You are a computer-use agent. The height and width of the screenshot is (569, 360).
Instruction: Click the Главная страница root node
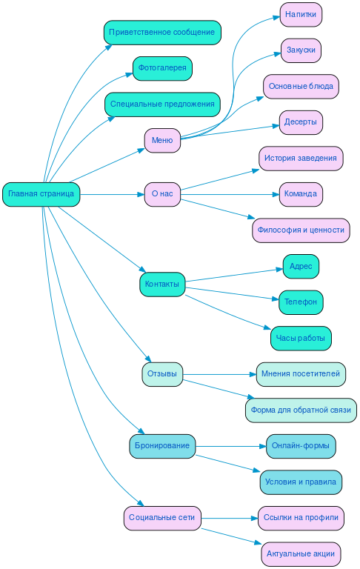41,194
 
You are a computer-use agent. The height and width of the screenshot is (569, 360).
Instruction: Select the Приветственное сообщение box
162,33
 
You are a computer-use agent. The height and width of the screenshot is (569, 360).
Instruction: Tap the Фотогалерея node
162,68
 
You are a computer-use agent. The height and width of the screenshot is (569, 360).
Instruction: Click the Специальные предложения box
162,104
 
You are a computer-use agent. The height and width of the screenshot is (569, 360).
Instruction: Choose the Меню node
162,140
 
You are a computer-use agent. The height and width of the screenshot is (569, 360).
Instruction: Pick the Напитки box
301,14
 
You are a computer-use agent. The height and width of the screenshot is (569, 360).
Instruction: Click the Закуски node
301,50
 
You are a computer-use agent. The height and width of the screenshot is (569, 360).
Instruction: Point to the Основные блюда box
301,86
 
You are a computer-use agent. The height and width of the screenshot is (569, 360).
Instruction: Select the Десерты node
301,122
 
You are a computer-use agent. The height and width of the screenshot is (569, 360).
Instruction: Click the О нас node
162,194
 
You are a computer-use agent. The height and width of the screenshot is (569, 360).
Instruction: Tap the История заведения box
301,158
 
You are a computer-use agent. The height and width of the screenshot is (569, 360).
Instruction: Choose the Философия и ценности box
301,230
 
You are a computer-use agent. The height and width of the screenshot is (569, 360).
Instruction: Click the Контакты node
162,284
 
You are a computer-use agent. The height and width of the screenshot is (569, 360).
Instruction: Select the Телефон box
301,302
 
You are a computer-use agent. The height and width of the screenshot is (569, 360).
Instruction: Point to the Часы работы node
301,338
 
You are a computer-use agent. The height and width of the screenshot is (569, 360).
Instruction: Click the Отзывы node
162,374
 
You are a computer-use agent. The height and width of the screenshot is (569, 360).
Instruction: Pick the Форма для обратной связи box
301,410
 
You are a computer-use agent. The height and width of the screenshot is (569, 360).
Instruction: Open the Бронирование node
162,446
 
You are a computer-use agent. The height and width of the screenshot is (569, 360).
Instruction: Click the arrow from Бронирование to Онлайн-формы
230,446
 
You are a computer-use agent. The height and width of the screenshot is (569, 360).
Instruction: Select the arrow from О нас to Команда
230,194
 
